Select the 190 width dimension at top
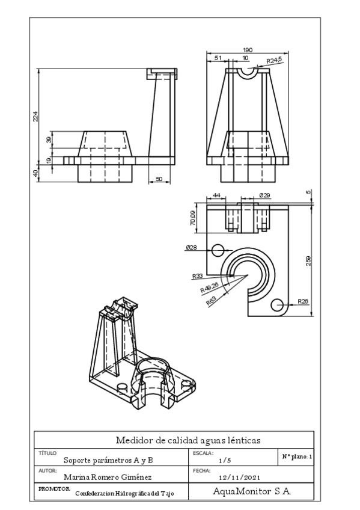tap(247, 50)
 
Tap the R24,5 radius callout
tap(274, 60)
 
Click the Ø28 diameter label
tap(192, 247)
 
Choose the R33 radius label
tap(197, 276)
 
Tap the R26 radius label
tap(304, 301)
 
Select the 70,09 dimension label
tap(192, 218)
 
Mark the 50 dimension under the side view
tap(159, 179)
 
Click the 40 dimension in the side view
tap(35, 173)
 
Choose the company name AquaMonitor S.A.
tap(252, 491)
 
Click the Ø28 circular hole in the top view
tap(218, 249)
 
